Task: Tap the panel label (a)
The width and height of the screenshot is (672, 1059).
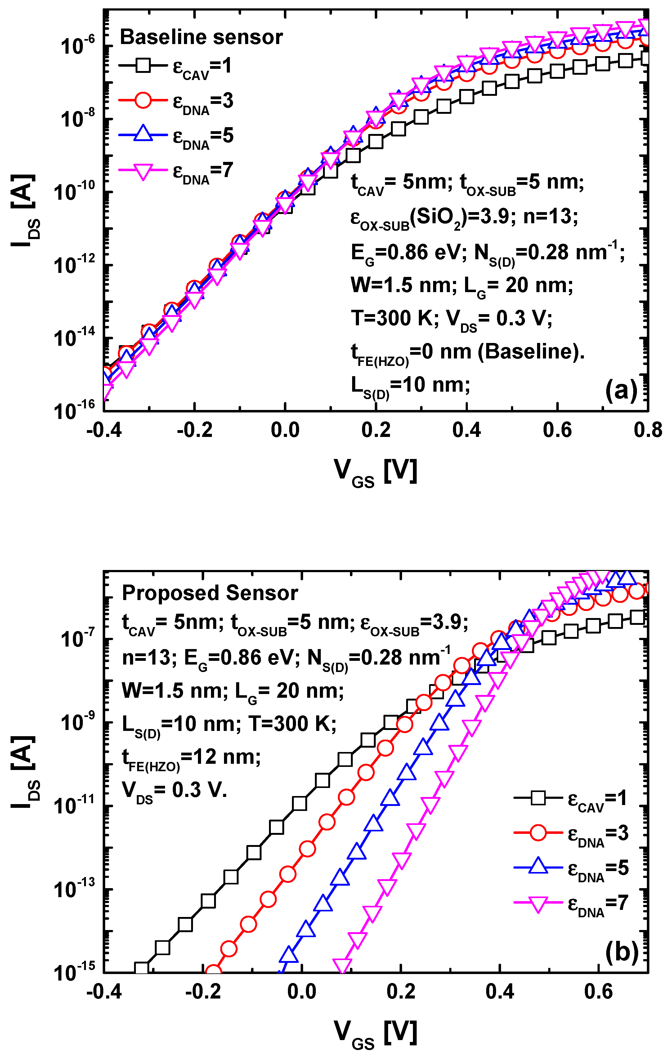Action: (x=621, y=390)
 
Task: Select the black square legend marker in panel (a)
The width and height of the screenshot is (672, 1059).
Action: (x=143, y=66)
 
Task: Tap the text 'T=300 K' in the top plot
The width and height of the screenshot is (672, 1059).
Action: (x=392, y=318)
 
